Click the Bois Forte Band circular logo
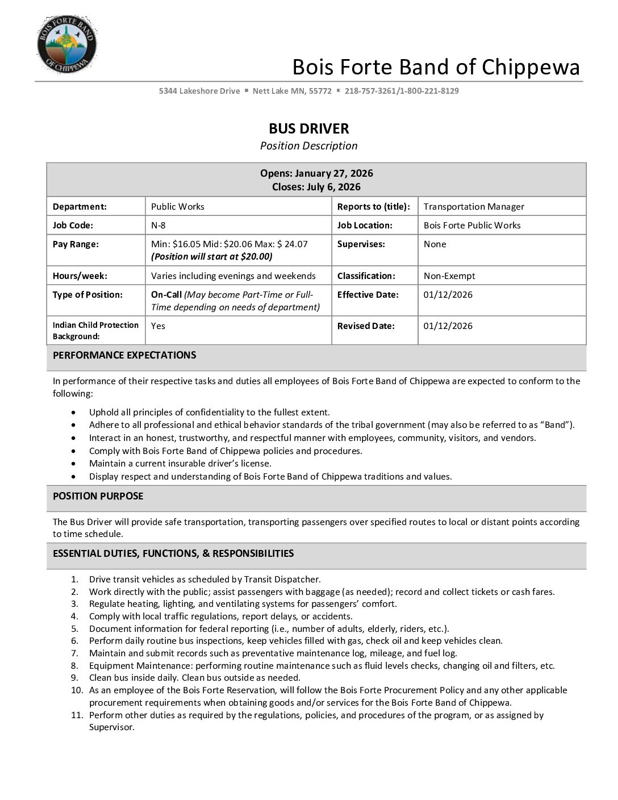pos(66,45)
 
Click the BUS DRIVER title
pos(308,128)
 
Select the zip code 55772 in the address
pos(320,91)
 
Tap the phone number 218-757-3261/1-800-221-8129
pos(401,91)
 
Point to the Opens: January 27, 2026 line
pos(316,173)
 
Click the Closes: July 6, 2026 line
pos(316,187)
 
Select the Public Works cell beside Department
pos(178,207)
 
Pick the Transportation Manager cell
pos(474,207)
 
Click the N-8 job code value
pos(158,226)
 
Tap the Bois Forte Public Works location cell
pos(472,226)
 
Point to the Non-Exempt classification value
pos(449,276)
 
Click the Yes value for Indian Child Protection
pos(158,326)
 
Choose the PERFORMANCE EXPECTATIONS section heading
pos(124,355)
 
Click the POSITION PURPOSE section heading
pos(98,496)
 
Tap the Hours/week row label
pos(80,276)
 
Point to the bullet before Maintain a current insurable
pos(74,464)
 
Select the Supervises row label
pos(361,244)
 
